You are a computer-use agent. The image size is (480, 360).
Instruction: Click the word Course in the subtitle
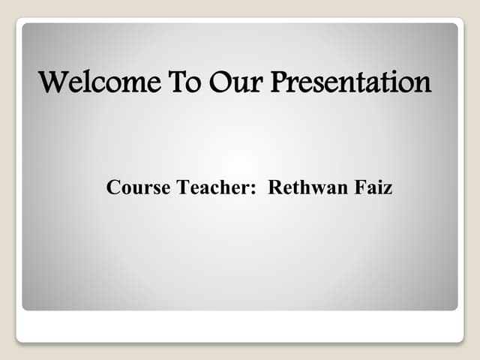point(138,187)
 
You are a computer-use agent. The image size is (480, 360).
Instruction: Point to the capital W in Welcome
point(54,81)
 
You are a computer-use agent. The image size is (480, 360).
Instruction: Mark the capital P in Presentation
point(278,81)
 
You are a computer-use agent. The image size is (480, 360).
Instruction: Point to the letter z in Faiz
point(388,190)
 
